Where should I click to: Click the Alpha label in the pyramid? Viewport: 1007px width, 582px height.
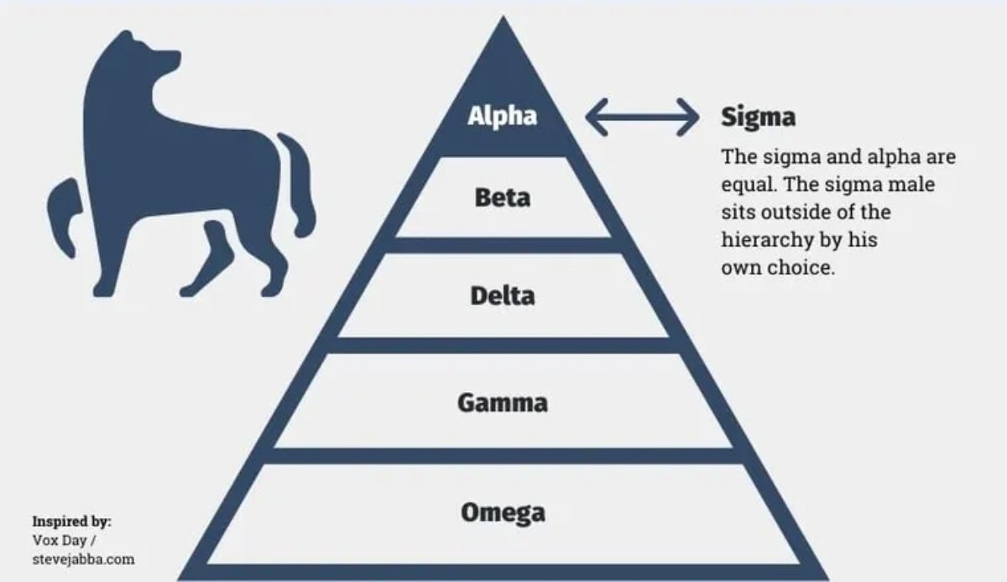pyautogui.click(x=502, y=116)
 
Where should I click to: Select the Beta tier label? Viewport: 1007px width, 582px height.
pyautogui.click(x=502, y=198)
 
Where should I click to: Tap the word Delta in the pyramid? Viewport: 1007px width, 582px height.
pyautogui.click(x=502, y=296)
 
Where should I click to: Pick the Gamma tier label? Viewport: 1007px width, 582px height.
pyautogui.click(x=502, y=402)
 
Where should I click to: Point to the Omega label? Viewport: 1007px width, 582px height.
pyautogui.click(x=502, y=512)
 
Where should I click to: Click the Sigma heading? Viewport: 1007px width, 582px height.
pyautogui.click(x=758, y=118)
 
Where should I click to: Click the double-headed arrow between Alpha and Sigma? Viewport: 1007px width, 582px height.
pyautogui.click(x=642, y=117)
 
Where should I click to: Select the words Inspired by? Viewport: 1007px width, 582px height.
pyautogui.click(x=71, y=522)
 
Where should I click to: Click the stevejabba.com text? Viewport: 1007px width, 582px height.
pyautogui.click(x=83, y=559)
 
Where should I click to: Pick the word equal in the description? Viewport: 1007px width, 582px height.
pyautogui.click(x=744, y=184)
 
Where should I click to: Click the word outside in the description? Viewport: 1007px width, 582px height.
pyautogui.click(x=790, y=212)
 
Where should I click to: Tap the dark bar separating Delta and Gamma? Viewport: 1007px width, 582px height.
pyautogui.click(x=502, y=345)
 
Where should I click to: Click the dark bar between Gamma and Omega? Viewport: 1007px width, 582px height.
pyautogui.click(x=502, y=455)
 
